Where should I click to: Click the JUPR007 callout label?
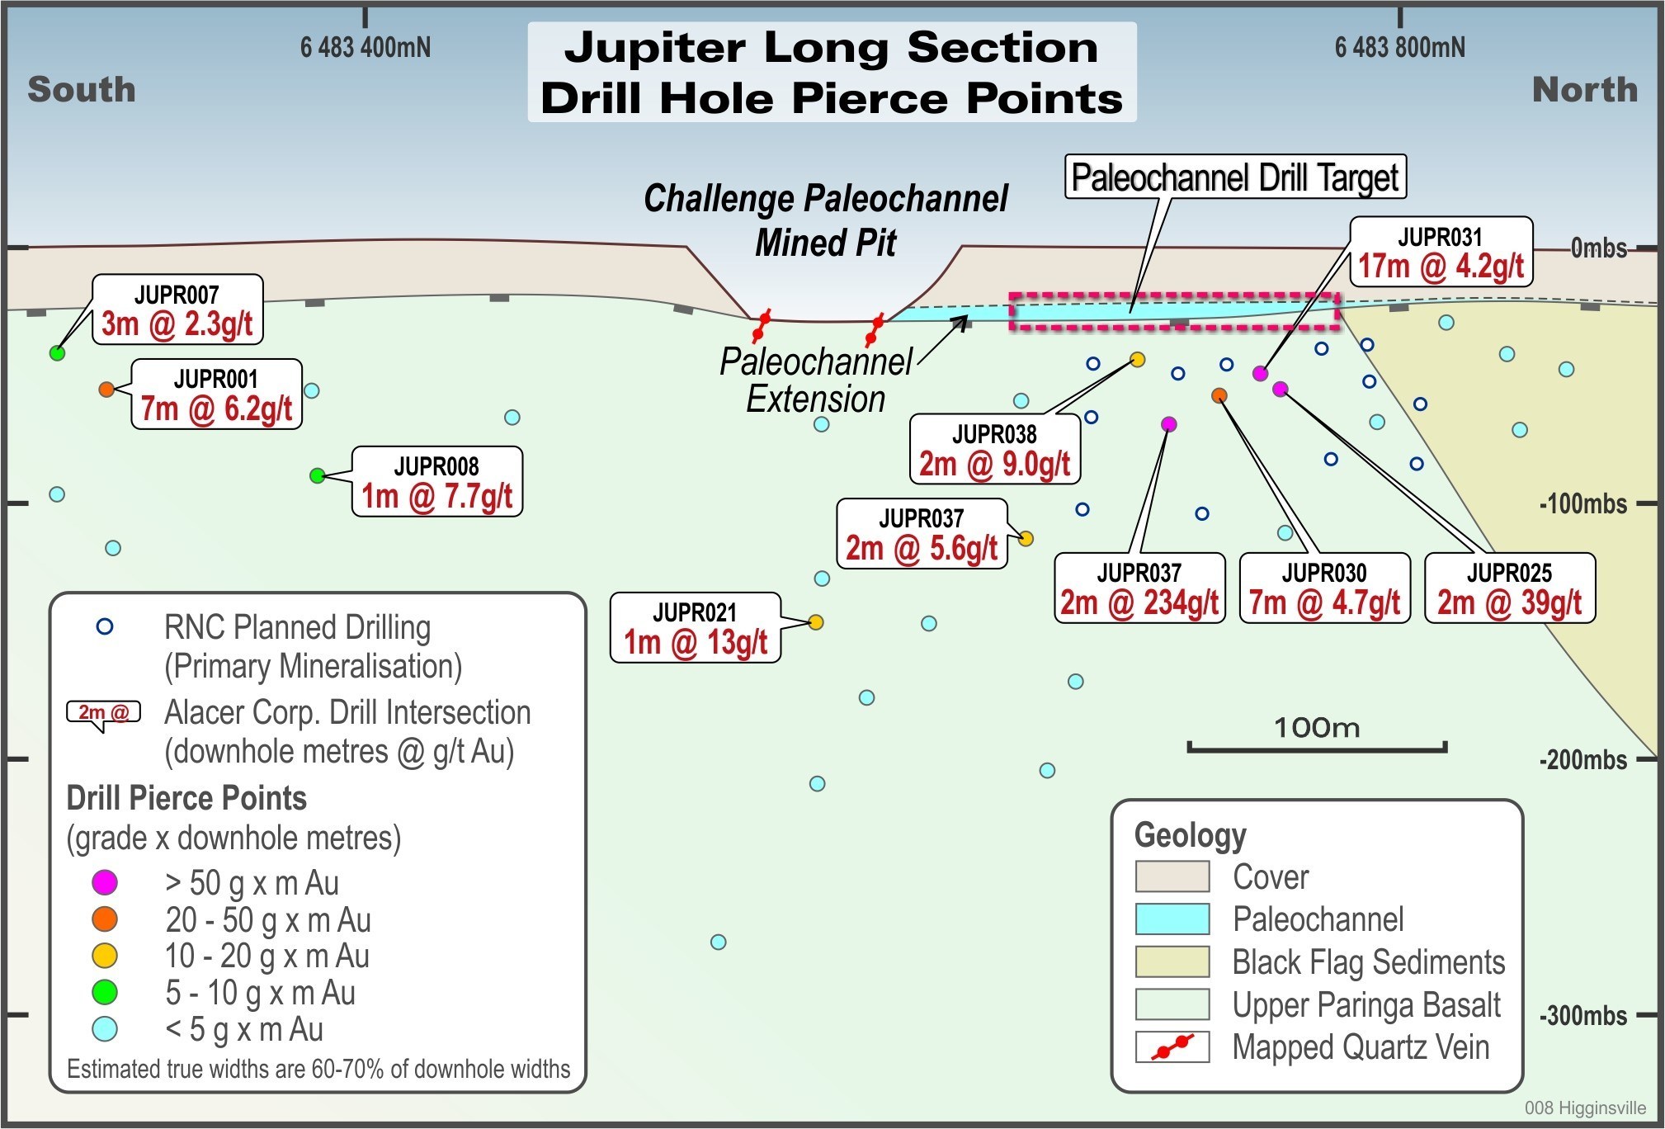pos(177,309)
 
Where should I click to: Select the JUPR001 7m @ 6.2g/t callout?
pos(216,394)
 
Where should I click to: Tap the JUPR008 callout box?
pos(436,482)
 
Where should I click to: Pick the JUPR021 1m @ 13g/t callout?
pos(695,627)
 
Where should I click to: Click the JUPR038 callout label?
pos(994,449)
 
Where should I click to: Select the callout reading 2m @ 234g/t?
pos(1139,588)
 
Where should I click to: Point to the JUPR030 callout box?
pos(1324,588)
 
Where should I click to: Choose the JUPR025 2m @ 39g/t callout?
pos(1509,588)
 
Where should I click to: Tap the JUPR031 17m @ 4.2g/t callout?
pos(1441,252)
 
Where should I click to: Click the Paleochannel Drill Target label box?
pos(1235,177)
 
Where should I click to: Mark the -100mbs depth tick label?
pos(1583,503)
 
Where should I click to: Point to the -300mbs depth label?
pos(1583,1015)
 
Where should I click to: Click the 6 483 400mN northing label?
pos(365,47)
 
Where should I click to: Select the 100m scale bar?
pos(1317,747)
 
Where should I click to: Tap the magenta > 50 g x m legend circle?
pos(105,882)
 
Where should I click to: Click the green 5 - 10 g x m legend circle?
pos(105,992)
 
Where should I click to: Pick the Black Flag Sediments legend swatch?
pos(1172,961)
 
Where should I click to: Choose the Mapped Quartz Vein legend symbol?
pos(1172,1046)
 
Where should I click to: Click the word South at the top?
pos(82,89)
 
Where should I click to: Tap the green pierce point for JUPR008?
pos(318,475)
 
